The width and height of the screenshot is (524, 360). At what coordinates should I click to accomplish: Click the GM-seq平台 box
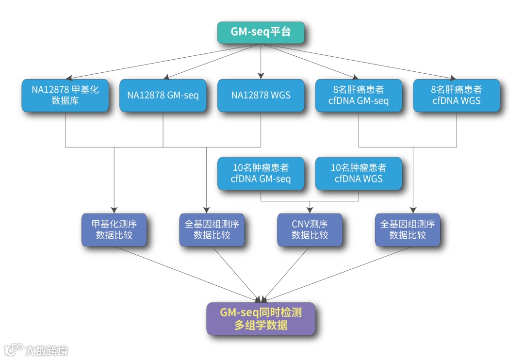tap(261, 33)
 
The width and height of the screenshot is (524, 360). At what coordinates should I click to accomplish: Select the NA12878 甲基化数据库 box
tap(65, 96)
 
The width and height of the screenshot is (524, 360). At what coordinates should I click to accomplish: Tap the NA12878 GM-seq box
tap(163, 96)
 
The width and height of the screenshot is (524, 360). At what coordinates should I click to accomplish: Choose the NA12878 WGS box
tap(261, 96)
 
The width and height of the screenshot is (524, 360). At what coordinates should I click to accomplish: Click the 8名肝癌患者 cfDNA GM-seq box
tap(359, 96)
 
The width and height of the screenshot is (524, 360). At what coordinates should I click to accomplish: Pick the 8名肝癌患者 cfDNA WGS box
tap(456, 96)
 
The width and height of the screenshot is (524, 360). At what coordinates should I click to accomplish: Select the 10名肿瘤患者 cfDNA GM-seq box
tap(261, 173)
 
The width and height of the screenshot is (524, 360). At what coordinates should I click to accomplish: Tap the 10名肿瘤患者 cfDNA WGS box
tap(359, 173)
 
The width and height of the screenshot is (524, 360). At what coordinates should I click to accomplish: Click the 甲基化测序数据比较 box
tap(114, 229)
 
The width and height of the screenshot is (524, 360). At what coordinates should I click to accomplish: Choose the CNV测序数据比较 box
tap(310, 229)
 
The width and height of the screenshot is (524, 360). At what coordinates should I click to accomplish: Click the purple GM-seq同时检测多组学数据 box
tap(261, 319)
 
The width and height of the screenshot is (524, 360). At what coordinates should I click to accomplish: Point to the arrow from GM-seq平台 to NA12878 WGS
tap(261, 61)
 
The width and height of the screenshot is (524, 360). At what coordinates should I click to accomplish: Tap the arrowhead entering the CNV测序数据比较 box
tap(310, 211)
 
